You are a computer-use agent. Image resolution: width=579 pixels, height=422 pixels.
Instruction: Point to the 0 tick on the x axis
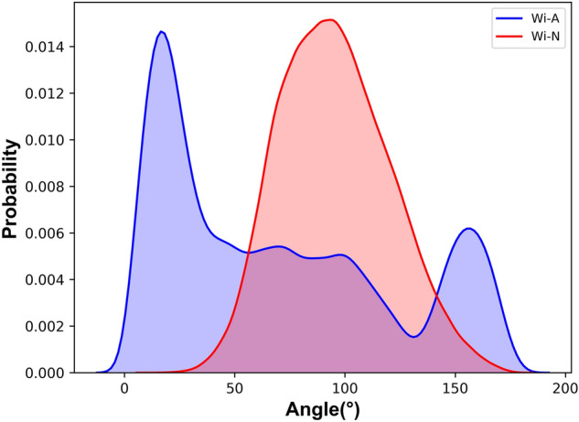(x=125, y=388)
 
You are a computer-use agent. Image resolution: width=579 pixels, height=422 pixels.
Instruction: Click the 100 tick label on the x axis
(x=345, y=388)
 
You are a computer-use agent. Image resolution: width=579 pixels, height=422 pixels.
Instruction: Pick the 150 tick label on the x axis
(x=455, y=388)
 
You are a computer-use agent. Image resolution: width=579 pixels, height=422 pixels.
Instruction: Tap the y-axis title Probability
(x=12, y=189)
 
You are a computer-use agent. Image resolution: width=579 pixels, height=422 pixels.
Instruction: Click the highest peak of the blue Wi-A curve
(x=162, y=32)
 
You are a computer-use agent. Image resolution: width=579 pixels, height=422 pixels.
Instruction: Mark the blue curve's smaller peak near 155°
(x=468, y=229)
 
